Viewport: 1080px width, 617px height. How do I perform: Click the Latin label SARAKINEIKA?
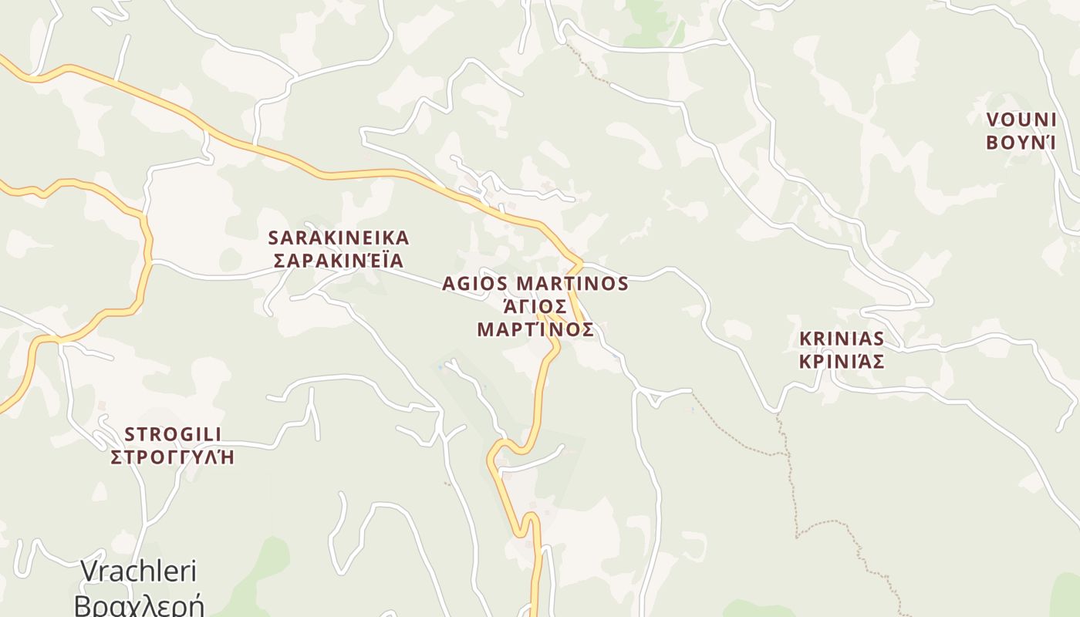point(338,238)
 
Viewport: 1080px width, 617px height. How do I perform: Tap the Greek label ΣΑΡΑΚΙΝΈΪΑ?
point(338,260)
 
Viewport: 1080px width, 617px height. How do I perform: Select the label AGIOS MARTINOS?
point(535,284)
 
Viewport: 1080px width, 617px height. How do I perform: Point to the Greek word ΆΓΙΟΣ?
point(535,307)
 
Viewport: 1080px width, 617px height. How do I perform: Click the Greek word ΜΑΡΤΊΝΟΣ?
point(535,329)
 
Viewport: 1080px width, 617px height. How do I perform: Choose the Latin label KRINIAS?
point(842,339)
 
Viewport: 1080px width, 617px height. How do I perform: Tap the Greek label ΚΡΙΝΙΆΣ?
point(842,361)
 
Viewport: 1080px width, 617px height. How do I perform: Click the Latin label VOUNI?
point(1021,120)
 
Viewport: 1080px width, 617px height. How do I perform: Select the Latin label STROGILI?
point(173,434)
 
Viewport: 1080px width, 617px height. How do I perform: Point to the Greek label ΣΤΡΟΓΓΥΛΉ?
point(173,457)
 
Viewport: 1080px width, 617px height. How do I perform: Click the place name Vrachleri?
point(139,571)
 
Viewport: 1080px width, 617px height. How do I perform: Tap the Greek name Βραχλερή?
point(139,604)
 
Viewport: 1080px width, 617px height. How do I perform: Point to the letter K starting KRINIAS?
point(805,339)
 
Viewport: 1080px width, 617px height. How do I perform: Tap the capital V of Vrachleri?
point(89,571)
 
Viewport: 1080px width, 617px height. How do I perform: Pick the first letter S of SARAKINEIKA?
point(272,238)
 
